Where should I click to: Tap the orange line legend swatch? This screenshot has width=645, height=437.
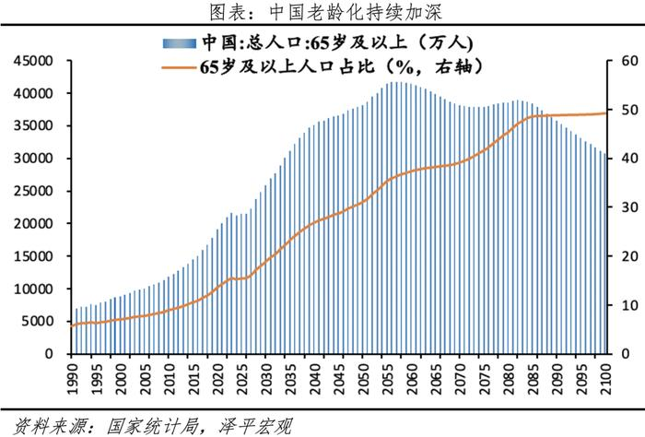pyautogui.click(x=179, y=67)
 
